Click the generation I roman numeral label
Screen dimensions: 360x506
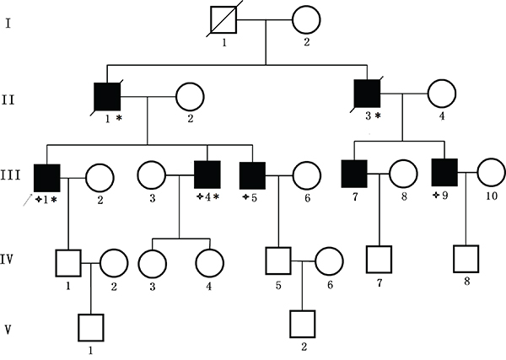(x=11, y=16)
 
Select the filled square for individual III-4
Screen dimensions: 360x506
(x=208, y=176)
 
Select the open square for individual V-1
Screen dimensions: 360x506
(x=90, y=325)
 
